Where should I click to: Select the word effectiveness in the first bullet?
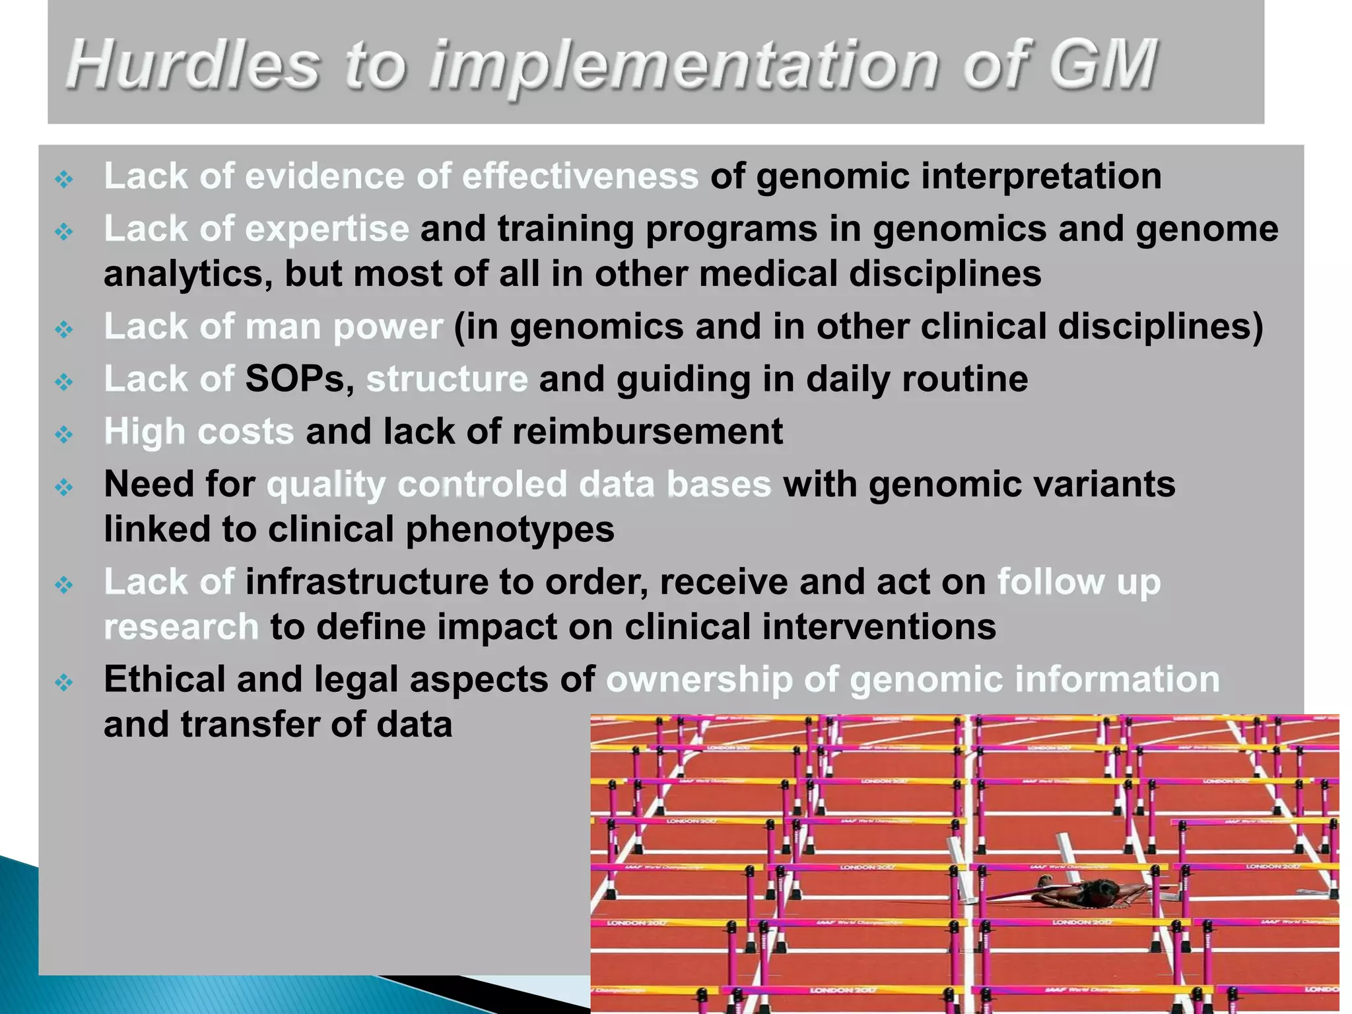pos(580,176)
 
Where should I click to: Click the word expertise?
pos(327,229)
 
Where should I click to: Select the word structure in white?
pos(447,380)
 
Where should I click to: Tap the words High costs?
pos(198,432)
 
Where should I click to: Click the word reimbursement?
pos(647,432)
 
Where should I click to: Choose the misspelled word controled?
pos(482,485)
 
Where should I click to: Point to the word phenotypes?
pos(510,530)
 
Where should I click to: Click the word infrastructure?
pos(366,582)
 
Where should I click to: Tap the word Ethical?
pos(164,679)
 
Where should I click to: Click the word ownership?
pos(699,680)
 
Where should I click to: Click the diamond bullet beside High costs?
pos(64,434)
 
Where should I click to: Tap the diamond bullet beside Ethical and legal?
pos(64,682)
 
